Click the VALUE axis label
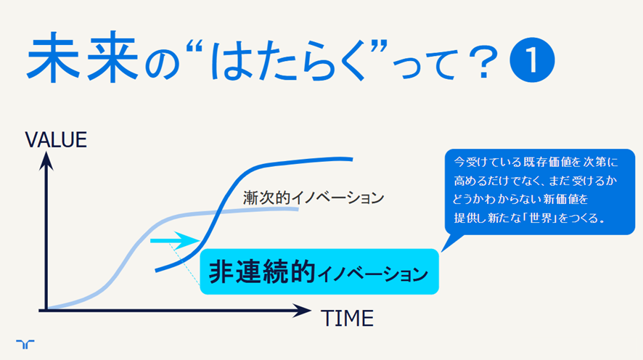click(x=56, y=140)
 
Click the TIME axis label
click(x=348, y=318)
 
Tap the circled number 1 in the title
click(x=532, y=60)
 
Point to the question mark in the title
click(x=484, y=62)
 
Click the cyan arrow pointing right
click(x=175, y=241)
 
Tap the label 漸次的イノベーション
click(x=314, y=197)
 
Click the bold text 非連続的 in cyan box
click(x=262, y=271)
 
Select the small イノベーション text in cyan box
click(x=373, y=274)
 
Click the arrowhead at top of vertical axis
click(x=46, y=160)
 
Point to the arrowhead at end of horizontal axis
click(x=302, y=311)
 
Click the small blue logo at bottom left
click(x=25, y=344)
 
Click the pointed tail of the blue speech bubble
click(x=443, y=250)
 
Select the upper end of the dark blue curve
click(x=352, y=159)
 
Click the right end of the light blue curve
click(x=298, y=209)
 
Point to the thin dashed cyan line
click(x=184, y=264)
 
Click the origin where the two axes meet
click(x=46, y=311)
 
